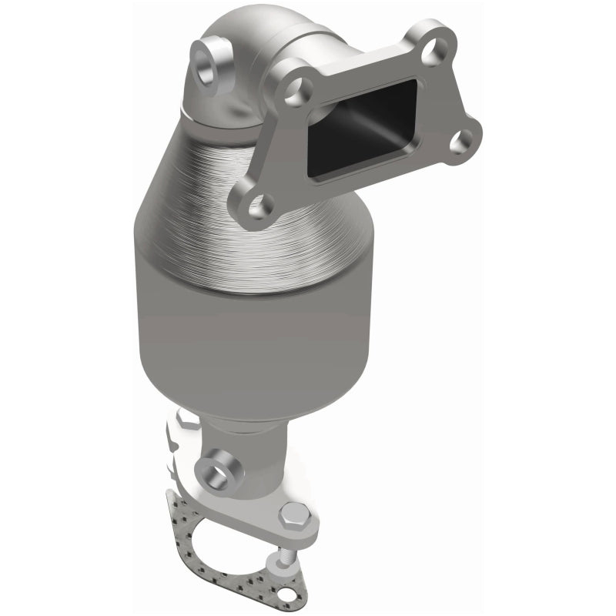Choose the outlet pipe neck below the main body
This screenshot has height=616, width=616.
click(246, 439)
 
